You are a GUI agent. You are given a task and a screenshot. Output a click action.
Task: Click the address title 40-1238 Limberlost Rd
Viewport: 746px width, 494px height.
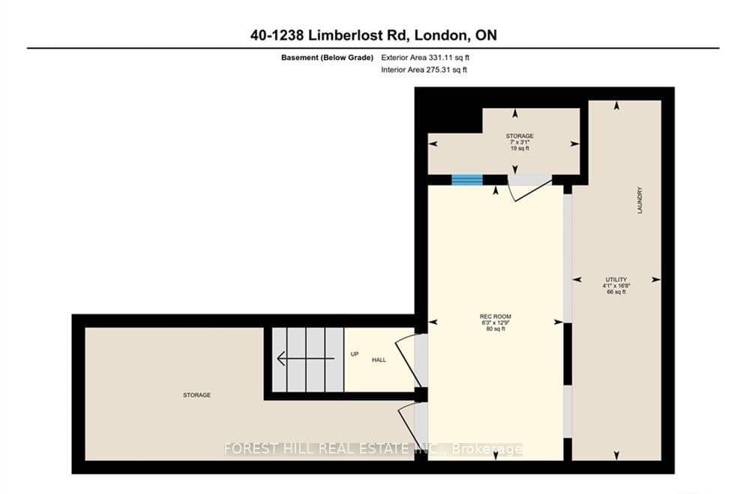(329, 35)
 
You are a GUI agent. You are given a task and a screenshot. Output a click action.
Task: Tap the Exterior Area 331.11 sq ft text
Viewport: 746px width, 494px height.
(425, 58)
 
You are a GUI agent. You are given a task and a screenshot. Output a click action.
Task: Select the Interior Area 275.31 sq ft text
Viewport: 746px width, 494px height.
(424, 70)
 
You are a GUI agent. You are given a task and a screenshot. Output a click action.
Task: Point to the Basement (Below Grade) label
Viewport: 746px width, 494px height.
(327, 58)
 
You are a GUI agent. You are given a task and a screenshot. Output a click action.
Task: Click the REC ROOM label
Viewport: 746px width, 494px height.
(496, 316)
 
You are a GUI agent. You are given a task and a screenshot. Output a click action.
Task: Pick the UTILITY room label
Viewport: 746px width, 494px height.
(616, 280)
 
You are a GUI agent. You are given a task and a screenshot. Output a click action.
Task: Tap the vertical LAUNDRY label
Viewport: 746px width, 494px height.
(640, 199)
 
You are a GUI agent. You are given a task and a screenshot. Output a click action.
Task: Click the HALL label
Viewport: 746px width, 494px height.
(379, 360)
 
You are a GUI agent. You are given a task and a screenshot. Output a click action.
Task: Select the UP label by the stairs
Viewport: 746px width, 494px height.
(355, 355)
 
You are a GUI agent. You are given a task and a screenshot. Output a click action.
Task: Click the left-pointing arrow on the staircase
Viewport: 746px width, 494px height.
(305, 358)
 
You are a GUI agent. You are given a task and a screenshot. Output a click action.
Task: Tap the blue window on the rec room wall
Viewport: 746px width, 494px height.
(467, 180)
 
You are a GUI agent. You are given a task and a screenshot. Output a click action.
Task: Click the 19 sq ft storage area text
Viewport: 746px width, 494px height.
(520, 148)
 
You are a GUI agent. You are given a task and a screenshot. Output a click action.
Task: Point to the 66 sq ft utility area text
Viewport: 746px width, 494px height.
(616, 292)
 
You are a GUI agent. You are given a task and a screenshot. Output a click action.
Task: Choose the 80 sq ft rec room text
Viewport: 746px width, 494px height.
(496, 328)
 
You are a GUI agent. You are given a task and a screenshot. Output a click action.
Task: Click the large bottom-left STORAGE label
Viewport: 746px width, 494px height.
(196, 395)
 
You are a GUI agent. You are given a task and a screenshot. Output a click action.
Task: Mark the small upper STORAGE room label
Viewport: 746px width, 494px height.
(520, 136)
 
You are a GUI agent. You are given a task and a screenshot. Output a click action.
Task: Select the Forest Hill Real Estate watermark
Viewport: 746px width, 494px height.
(373, 449)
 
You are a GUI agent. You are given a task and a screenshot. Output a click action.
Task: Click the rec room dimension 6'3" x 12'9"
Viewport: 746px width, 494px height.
(496, 323)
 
